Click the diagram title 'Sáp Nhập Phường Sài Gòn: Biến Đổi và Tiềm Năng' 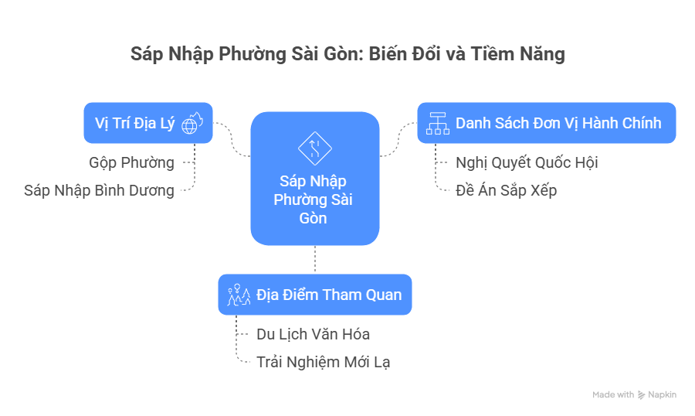tap(347, 54)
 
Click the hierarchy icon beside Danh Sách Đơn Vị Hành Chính tap(438, 123)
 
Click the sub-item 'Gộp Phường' tap(131, 162)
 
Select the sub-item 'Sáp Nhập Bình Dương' tap(99, 190)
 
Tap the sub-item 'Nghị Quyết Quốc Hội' tap(527, 162)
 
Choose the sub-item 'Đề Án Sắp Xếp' tap(506, 190)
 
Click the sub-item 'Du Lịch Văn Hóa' tap(313, 334)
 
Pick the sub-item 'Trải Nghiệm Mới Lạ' tap(328, 361)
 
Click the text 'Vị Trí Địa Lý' tap(134, 123)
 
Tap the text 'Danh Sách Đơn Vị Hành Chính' tap(558, 123)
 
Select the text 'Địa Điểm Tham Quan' tap(329, 295)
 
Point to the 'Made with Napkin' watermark tap(634, 394)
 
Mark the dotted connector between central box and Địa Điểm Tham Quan tap(315, 260)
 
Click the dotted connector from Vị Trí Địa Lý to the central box tap(232, 139)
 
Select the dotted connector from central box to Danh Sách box tap(398, 139)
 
